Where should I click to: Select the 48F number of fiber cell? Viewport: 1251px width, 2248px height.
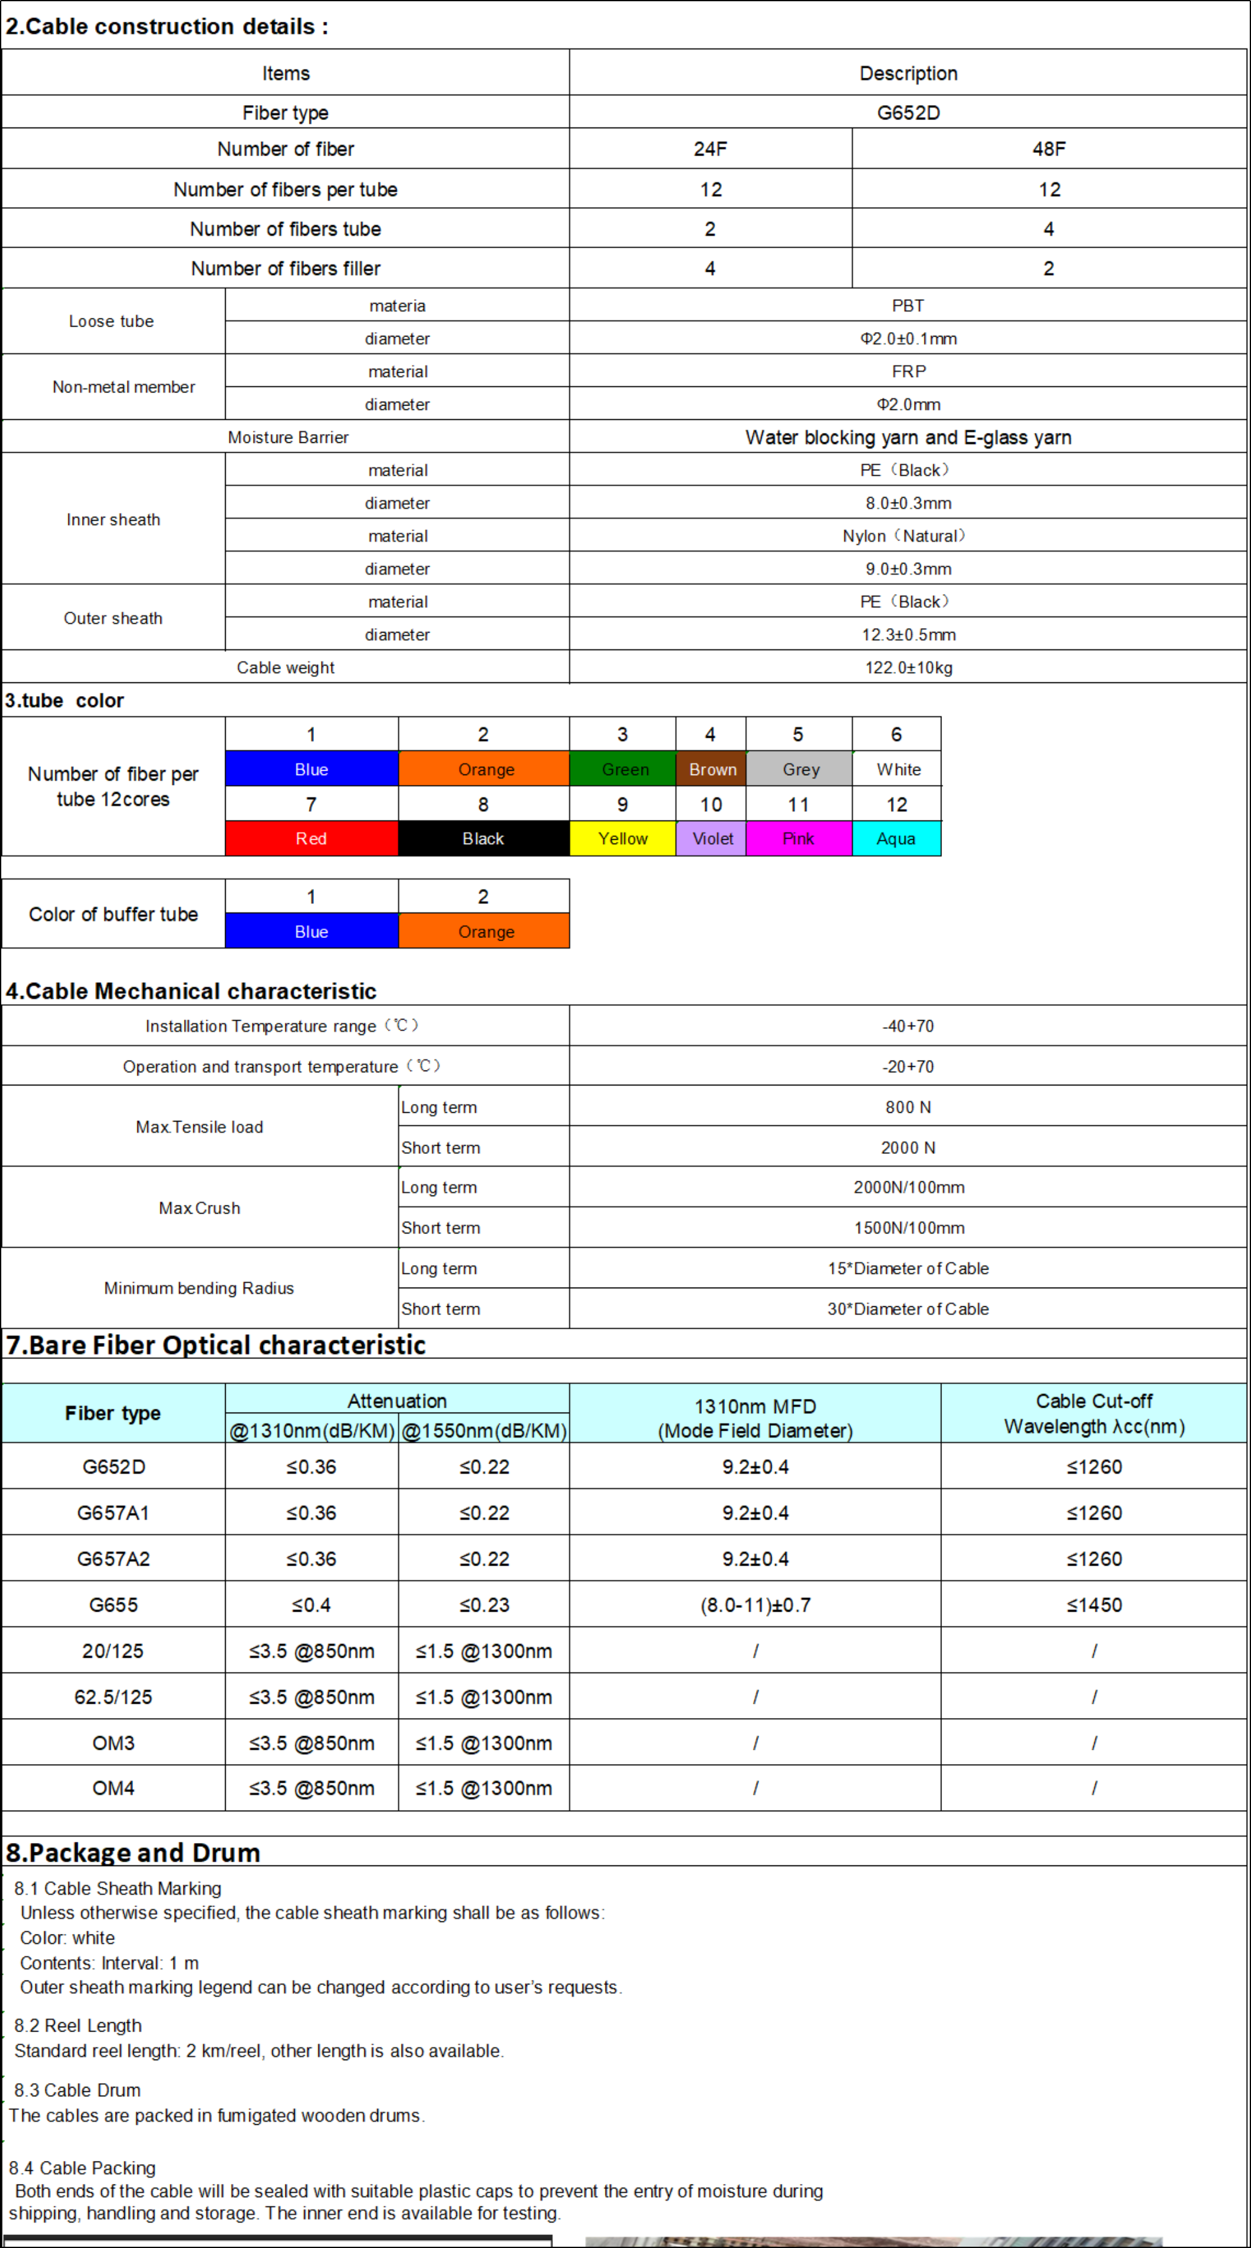(1048, 149)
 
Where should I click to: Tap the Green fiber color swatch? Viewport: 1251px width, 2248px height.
(623, 769)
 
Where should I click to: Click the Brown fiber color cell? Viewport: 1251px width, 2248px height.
(711, 769)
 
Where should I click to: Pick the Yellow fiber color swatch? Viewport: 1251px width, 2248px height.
(623, 838)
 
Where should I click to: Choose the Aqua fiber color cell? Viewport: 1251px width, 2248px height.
(896, 838)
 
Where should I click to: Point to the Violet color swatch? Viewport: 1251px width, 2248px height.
(711, 838)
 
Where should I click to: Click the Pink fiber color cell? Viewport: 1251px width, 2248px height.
(798, 838)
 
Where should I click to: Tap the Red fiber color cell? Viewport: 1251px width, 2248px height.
(312, 838)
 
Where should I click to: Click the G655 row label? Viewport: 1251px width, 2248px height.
(113, 1605)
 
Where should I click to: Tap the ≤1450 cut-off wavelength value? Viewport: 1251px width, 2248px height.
(1094, 1605)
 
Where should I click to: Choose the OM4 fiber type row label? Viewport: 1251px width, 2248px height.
(113, 1788)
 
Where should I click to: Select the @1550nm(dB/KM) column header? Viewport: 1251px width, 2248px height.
(484, 1430)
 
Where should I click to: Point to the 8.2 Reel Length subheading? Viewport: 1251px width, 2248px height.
(78, 2025)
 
